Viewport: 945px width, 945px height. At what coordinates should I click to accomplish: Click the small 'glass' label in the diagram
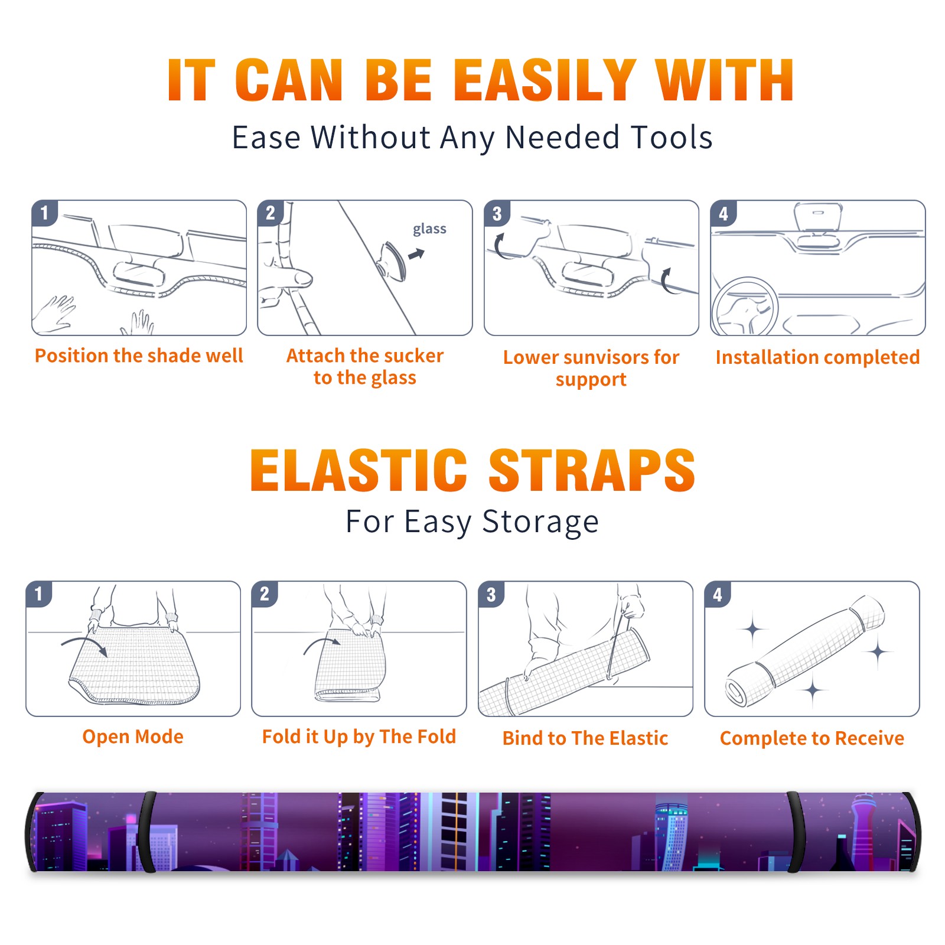point(429,229)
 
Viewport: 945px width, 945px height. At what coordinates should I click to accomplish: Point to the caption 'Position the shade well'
point(139,356)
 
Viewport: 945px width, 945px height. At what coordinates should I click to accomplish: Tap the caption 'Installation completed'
point(817,357)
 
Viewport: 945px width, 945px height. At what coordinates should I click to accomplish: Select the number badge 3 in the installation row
point(497,213)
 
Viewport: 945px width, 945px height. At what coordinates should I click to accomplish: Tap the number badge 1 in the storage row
point(39,594)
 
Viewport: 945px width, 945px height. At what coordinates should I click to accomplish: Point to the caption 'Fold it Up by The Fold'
point(359,737)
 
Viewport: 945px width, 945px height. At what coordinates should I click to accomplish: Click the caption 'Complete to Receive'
point(812,738)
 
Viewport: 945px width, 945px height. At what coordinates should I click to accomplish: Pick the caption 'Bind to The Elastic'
point(585,738)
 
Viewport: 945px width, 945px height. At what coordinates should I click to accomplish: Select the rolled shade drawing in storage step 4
point(804,650)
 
